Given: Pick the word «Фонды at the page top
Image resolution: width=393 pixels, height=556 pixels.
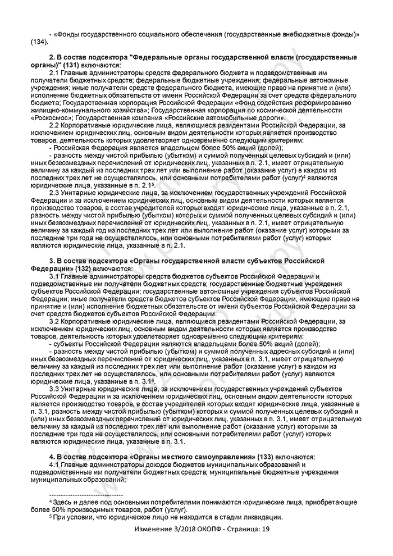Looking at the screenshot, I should [67, 34].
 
